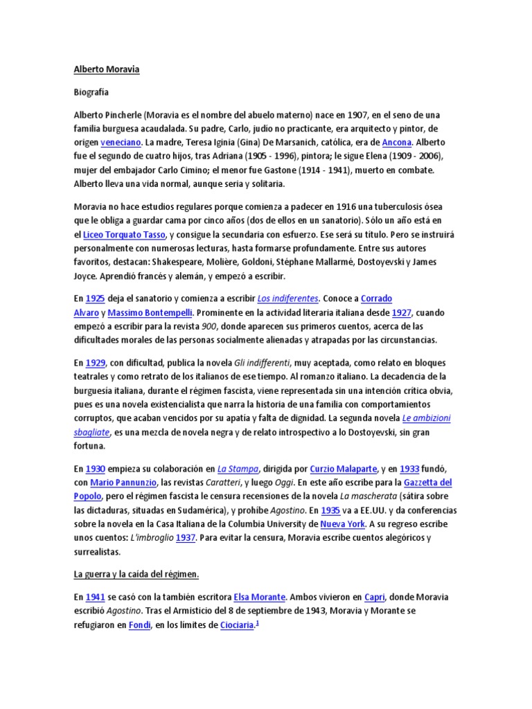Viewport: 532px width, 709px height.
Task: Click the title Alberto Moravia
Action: (106, 70)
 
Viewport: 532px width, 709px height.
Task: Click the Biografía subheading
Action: (91, 91)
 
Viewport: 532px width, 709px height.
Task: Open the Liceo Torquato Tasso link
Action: (124, 235)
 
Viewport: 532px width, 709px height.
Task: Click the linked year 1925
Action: (94, 298)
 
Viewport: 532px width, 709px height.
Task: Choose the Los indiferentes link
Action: (287, 298)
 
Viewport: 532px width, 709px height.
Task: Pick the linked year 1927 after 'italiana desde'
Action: (401, 312)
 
